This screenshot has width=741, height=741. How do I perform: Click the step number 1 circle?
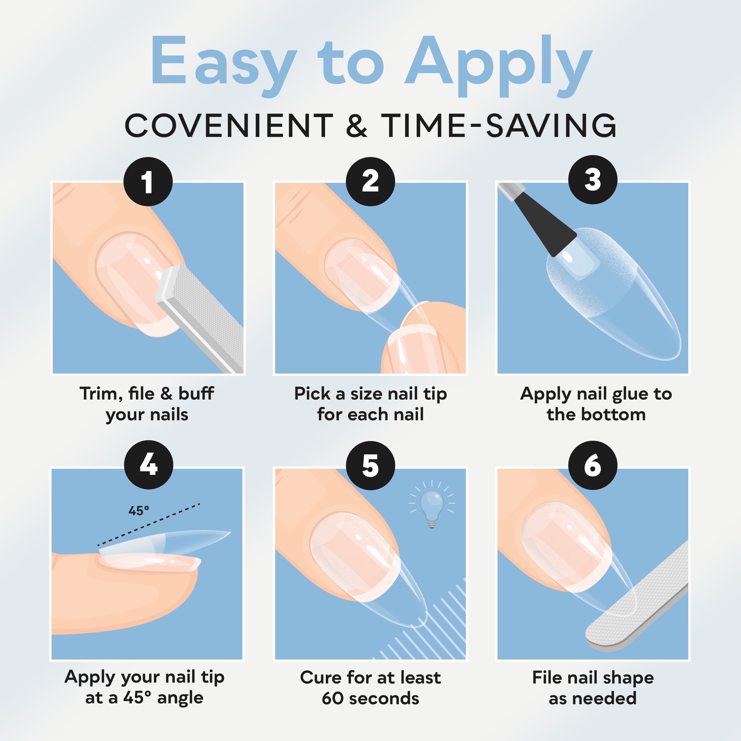pyautogui.click(x=148, y=181)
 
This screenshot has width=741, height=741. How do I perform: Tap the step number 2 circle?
pyautogui.click(x=370, y=181)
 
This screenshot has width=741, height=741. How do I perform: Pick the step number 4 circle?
pyautogui.click(x=148, y=464)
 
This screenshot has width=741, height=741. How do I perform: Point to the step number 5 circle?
pyautogui.click(x=370, y=465)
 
